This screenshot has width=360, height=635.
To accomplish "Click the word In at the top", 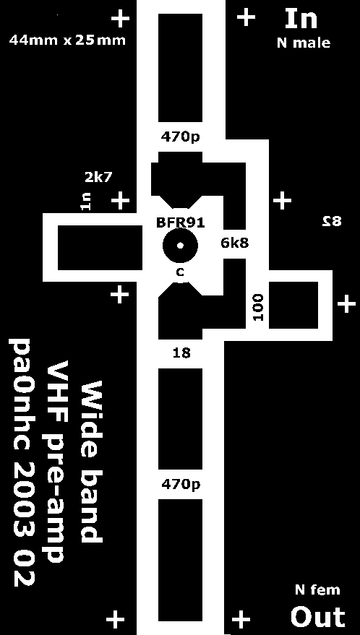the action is pyautogui.click(x=301, y=19).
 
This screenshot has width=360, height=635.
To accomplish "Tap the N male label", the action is pyautogui.click(x=304, y=43).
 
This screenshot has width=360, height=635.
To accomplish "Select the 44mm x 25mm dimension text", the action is pyautogui.click(x=67, y=40).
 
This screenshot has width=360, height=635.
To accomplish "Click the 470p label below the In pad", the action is pyautogui.click(x=181, y=137).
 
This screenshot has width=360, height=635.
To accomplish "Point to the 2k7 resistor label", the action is pyautogui.click(x=98, y=177).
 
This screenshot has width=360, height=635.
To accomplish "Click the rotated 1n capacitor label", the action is pyautogui.click(x=85, y=202).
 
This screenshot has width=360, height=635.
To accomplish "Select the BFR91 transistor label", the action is pyautogui.click(x=181, y=223).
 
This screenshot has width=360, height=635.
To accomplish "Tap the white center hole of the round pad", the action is pyautogui.click(x=181, y=246).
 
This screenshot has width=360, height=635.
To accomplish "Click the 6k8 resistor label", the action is pyautogui.click(x=235, y=243).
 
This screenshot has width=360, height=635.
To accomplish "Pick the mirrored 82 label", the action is pyautogui.click(x=332, y=222).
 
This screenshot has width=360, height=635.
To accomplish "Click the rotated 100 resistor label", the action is pyautogui.click(x=258, y=307).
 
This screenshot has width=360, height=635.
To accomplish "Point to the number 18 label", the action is pyautogui.click(x=181, y=353).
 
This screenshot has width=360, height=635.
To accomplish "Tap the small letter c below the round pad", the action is pyautogui.click(x=180, y=272).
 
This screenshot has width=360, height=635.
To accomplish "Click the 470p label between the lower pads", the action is pyautogui.click(x=181, y=484).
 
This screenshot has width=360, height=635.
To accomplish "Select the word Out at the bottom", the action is pyautogui.click(x=318, y=617).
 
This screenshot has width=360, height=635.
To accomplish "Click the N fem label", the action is pyautogui.click(x=317, y=590).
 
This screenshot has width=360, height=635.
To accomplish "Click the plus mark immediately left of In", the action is pyautogui.click(x=246, y=18).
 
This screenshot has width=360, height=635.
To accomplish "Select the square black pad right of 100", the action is pyautogui.click(x=293, y=305).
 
